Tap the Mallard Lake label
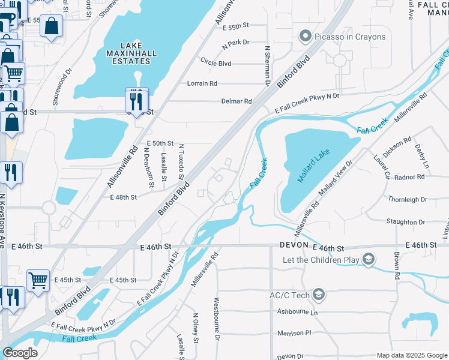coord(313,169)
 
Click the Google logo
coord(20,353)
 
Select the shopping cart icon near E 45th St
coord(38,279)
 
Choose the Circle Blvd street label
coord(216,63)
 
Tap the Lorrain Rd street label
coord(202,83)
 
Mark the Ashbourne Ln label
coord(297,312)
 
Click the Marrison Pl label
coord(295,333)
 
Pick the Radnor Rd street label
coord(411,177)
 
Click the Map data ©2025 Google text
coord(411,355)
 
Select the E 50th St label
coord(160,143)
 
